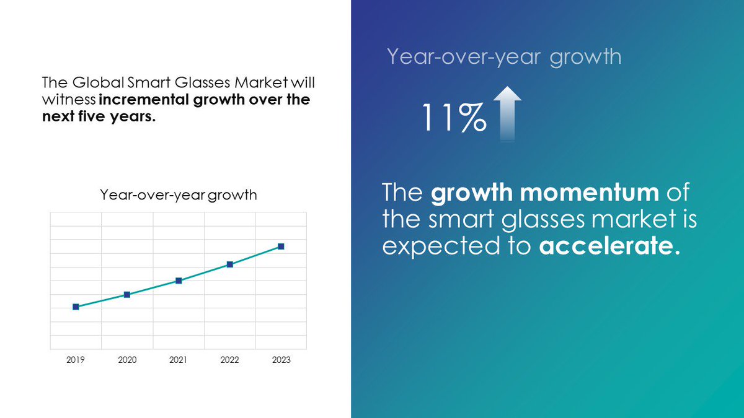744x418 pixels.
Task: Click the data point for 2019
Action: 76,307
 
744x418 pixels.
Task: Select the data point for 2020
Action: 126,294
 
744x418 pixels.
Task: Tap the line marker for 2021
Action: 179,281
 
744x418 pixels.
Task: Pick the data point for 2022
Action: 229,264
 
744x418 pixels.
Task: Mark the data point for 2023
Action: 281,246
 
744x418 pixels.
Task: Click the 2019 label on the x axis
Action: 76,360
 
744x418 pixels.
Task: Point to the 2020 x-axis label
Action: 126,360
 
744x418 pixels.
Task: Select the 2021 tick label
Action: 179,360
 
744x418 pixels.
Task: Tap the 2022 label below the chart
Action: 229,360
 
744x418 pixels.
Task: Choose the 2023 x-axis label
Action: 281,360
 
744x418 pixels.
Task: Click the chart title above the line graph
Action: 179,195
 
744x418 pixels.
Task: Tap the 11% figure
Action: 453,118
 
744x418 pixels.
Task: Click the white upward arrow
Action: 508,113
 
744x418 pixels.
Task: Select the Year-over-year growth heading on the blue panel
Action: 503,56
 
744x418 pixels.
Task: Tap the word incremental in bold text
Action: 137,100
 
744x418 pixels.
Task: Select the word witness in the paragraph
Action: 68,100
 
